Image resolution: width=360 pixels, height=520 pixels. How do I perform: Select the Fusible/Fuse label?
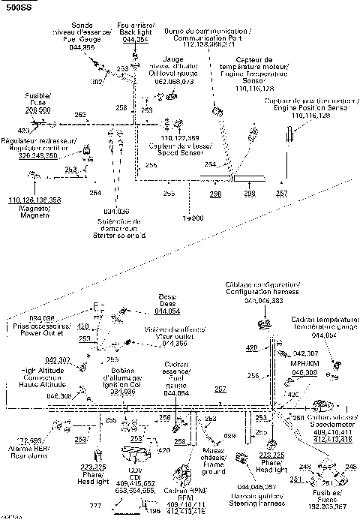click(22, 99)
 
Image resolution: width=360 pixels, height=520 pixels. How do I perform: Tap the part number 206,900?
click(22, 110)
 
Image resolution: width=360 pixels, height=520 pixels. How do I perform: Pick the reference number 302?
click(96, 81)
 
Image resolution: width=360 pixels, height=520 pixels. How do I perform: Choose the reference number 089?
click(229, 435)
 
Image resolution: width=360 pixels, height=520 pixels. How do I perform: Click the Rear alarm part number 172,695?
click(29, 440)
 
